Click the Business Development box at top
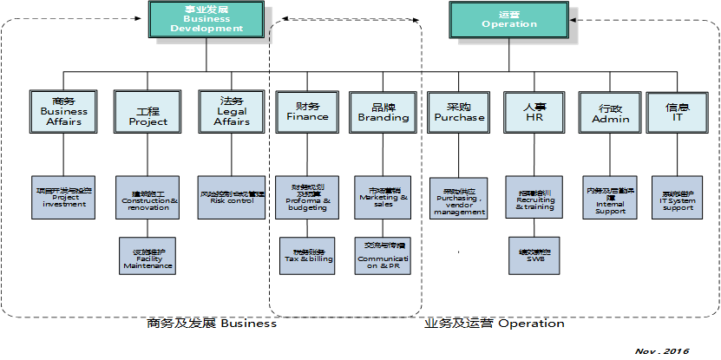(206, 18)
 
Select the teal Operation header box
(509, 18)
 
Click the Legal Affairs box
(232, 110)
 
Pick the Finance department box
(307, 110)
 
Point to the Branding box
(383, 110)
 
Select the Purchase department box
(459, 110)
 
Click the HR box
(534, 110)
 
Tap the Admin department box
(610, 110)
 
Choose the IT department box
(678, 110)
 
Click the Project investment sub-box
(64, 196)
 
